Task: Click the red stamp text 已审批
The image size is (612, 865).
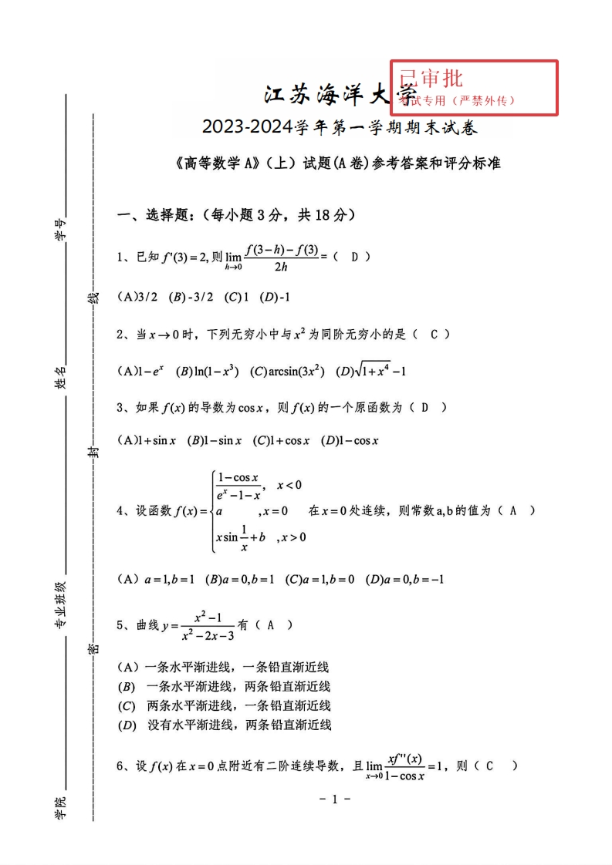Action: (x=431, y=78)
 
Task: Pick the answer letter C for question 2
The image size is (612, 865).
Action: (x=434, y=334)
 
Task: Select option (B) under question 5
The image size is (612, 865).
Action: (x=224, y=686)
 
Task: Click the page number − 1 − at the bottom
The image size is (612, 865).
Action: (x=335, y=799)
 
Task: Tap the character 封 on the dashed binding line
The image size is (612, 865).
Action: (x=93, y=453)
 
